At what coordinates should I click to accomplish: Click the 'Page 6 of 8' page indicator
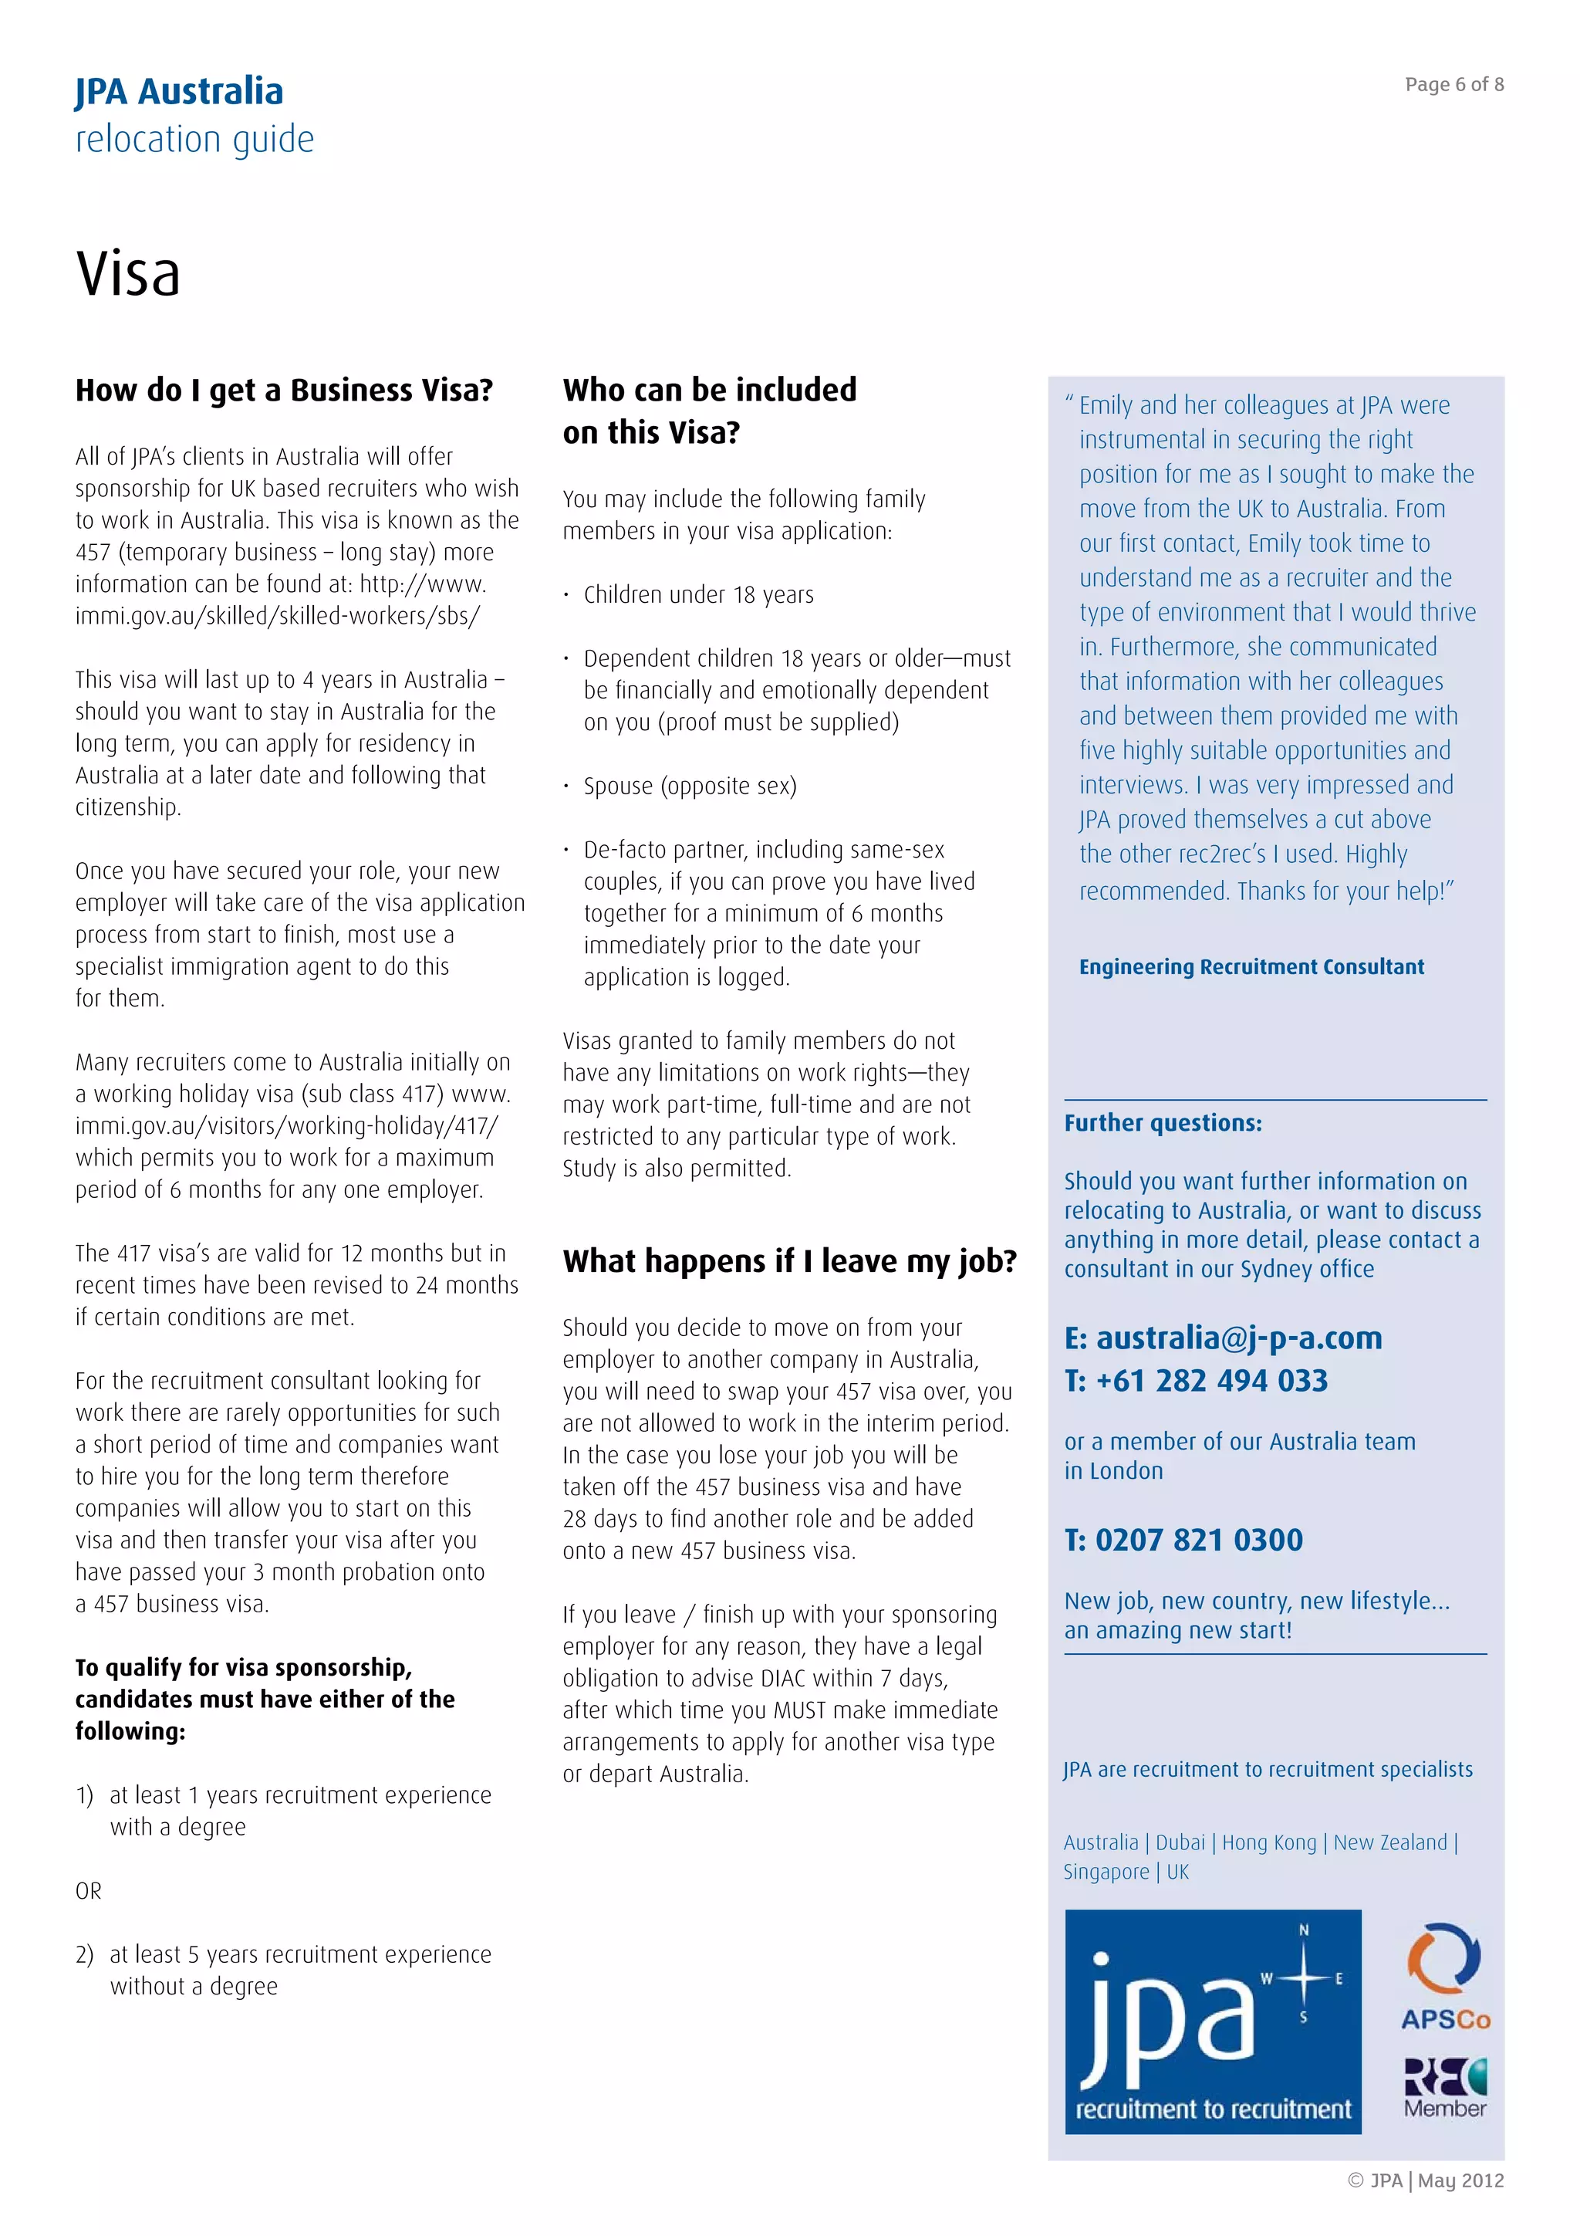point(1453,85)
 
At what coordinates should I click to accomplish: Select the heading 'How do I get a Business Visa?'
point(284,390)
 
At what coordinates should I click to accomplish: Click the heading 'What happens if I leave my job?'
point(788,1260)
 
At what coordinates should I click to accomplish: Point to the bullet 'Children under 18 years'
point(698,594)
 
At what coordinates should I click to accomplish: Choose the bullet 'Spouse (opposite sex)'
point(689,785)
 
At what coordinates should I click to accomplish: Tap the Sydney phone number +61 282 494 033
point(1211,1380)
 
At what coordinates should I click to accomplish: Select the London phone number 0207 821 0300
point(1198,1540)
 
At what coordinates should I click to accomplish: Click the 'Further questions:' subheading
point(1163,1123)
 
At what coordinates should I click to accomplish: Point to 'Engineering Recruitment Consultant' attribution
point(1251,966)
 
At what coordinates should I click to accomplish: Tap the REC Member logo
point(1445,2088)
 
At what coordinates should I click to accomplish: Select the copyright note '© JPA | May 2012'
point(1425,2180)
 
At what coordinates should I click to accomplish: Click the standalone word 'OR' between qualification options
point(89,1890)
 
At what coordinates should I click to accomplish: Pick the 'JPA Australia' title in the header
point(179,92)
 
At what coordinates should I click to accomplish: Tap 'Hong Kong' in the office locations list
point(1268,1842)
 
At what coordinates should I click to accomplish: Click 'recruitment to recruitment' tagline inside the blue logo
point(1213,2109)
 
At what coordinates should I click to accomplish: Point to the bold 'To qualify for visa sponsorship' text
point(243,1667)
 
